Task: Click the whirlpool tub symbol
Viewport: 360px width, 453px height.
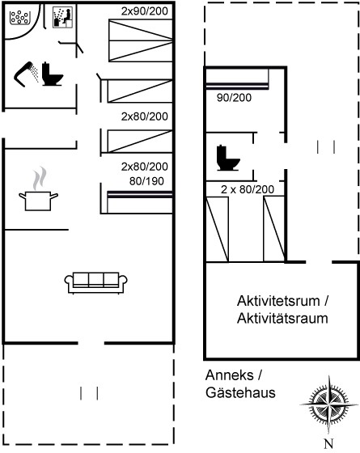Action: click(20, 18)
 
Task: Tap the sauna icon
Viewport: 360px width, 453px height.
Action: click(63, 18)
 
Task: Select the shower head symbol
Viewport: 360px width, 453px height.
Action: click(26, 74)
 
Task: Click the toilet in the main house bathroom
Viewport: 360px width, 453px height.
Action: click(53, 74)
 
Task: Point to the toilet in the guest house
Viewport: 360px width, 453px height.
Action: click(228, 158)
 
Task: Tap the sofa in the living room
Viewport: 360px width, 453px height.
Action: click(96, 283)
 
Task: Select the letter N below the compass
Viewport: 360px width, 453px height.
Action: click(328, 443)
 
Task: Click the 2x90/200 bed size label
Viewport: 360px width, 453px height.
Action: click(145, 11)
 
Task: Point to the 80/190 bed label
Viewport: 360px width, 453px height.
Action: click(146, 181)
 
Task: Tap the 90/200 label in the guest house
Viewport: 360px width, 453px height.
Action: click(234, 98)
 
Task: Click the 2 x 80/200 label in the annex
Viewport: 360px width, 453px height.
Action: click(248, 189)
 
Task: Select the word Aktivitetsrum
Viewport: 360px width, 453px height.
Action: click(278, 301)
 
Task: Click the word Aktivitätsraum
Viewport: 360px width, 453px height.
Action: click(282, 319)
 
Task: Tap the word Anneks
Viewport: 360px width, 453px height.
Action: click(230, 375)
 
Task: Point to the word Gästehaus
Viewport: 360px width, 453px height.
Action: click(240, 392)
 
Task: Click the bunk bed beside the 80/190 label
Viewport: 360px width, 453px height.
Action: click(140, 202)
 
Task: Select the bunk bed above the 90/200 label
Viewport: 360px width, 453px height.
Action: click(237, 78)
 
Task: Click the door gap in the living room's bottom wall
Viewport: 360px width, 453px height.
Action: click(91, 343)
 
